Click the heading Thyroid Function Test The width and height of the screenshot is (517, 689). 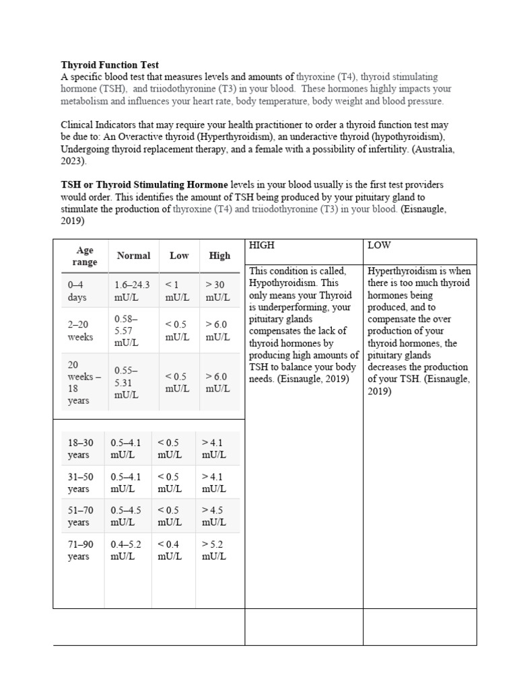tap(110, 65)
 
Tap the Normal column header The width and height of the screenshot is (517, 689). tap(133, 256)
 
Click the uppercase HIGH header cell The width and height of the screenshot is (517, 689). tap(262, 246)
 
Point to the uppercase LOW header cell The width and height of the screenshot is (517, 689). tap(379, 246)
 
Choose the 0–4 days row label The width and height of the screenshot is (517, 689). tap(77, 291)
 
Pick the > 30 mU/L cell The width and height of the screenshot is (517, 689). tap(217, 291)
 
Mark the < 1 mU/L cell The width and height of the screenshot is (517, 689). tap(177, 291)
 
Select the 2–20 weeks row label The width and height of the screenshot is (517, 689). tap(81, 330)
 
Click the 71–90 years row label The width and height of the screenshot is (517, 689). tap(79, 551)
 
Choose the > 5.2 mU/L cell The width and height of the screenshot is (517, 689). tap(214, 551)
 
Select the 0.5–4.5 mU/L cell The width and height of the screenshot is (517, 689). tap(126, 517)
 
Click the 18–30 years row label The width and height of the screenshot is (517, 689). tap(81, 449)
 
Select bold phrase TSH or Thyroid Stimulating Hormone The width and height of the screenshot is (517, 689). tap(145, 184)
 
